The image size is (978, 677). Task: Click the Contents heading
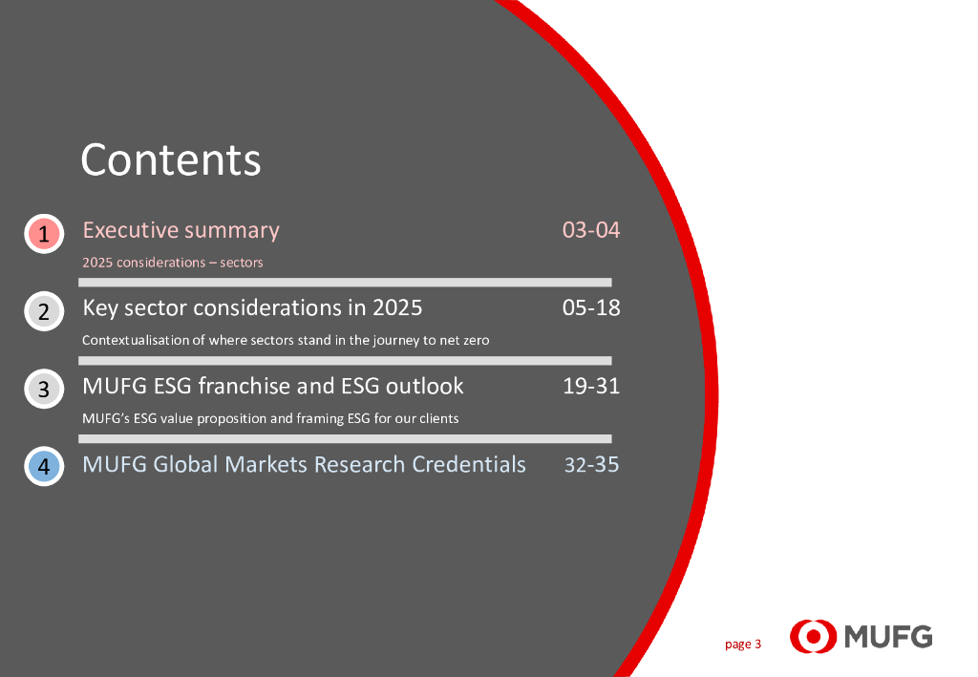(x=170, y=159)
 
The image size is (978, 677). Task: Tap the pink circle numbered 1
(x=44, y=234)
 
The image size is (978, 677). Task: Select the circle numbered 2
(x=44, y=311)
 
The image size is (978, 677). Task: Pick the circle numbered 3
(x=44, y=389)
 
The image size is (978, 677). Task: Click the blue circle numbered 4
(x=44, y=466)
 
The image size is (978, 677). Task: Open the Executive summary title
(x=181, y=231)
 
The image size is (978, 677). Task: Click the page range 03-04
(x=590, y=230)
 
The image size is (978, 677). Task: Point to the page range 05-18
(x=590, y=307)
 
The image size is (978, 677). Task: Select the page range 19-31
(x=590, y=386)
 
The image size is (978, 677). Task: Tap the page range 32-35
(x=591, y=464)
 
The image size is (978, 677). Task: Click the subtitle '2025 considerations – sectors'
(x=173, y=263)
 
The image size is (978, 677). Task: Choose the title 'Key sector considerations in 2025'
(x=252, y=308)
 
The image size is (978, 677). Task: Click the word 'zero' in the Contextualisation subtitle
(x=477, y=340)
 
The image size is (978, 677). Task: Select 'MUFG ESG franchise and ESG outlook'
(x=273, y=386)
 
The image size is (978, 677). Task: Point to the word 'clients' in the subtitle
(x=439, y=418)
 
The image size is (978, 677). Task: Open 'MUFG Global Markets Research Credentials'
(x=305, y=464)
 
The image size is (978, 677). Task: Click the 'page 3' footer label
(x=743, y=645)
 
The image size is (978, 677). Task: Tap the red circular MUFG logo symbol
(x=814, y=637)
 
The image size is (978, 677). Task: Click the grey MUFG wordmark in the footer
(x=889, y=637)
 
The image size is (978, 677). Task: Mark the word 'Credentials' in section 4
(x=469, y=464)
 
